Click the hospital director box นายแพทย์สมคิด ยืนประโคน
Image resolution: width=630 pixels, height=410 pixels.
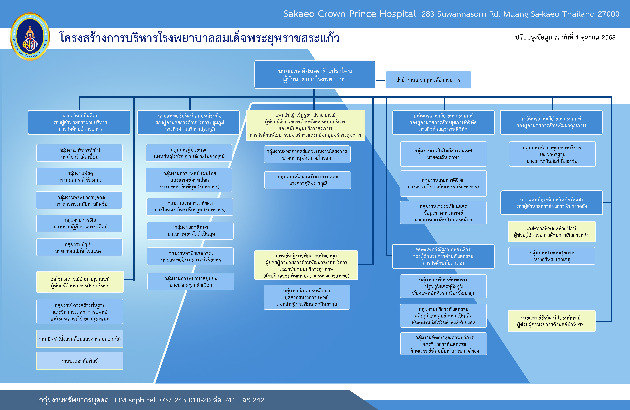314,75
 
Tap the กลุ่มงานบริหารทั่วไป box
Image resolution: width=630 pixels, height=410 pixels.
79,153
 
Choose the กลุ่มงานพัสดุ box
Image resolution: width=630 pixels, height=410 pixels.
79,176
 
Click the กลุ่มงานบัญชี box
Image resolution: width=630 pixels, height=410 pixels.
79,247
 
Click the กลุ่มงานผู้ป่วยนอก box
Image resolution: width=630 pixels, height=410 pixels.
189,153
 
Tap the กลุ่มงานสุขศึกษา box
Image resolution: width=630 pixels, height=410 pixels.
190,231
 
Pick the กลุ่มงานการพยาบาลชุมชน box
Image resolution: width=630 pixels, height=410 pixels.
191,281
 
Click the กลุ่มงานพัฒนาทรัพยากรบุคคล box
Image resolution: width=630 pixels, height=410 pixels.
308,180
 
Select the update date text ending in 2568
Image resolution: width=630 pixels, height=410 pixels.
565,37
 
